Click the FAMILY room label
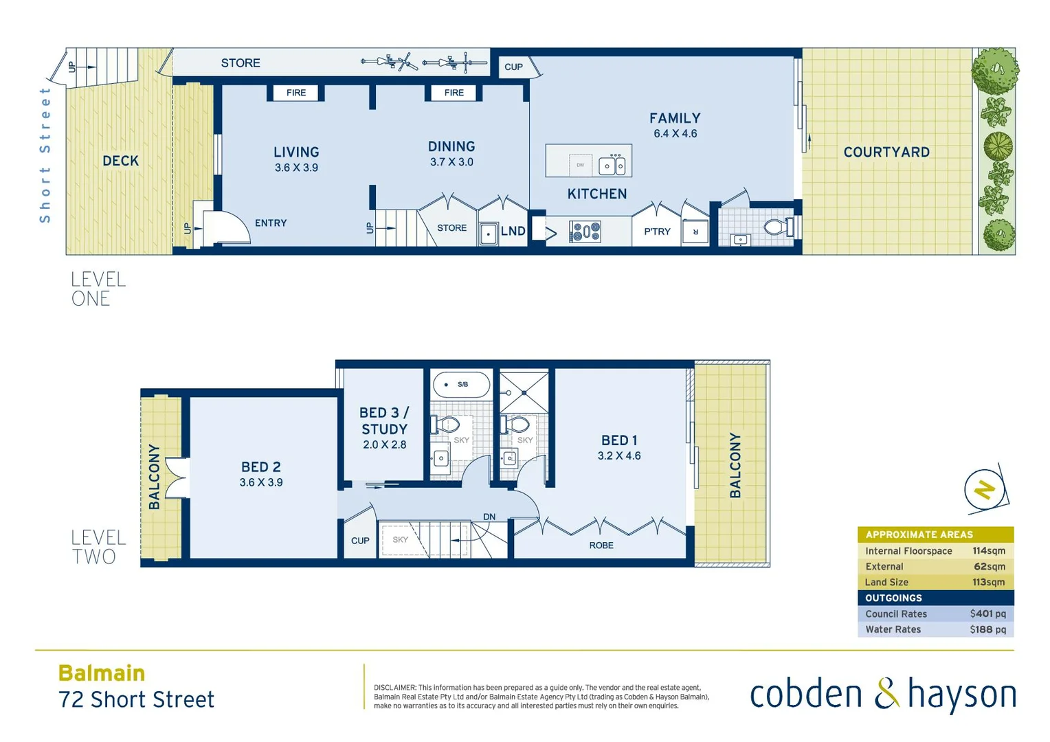point(675,118)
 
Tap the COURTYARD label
point(886,153)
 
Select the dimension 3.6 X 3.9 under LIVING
point(296,168)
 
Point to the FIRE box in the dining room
point(454,93)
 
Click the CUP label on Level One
point(513,67)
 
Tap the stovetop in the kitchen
point(585,232)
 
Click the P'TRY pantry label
point(657,232)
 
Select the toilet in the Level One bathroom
point(778,227)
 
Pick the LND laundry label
point(513,232)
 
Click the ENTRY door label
point(271,223)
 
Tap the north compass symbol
point(985,490)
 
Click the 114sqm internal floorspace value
point(988,551)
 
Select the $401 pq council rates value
point(987,614)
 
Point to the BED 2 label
point(260,467)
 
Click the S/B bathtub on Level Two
point(461,385)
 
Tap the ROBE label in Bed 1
point(601,546)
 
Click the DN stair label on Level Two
point(489,517)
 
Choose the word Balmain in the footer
point(102,673)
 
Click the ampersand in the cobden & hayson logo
point(886,693)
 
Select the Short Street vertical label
point(45,155)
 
